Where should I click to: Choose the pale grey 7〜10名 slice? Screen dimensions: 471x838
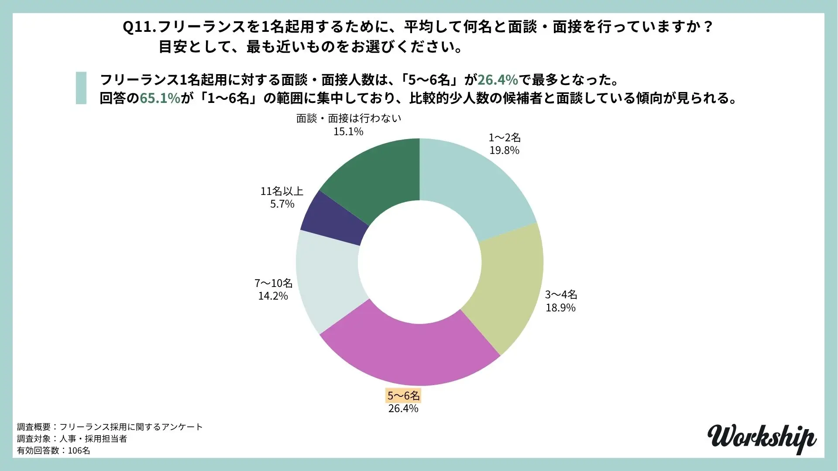[327, 283]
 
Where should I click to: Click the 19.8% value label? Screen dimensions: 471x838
[504, 150]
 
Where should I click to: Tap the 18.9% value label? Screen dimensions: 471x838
[560, 308]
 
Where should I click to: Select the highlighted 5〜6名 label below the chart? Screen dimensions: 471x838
[403, 396]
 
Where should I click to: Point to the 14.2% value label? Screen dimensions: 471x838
[273, 296]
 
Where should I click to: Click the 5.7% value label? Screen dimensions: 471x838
[282, 204]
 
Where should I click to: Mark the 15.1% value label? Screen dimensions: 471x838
[348, 132]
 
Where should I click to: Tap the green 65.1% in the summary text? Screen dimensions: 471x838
[160, 99]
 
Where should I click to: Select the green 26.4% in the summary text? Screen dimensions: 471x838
[498, 80]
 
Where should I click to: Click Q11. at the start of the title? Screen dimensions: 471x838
[139, 27]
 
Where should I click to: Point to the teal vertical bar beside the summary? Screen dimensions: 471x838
[81, 88]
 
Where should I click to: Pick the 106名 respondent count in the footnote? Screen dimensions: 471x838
[79, 451]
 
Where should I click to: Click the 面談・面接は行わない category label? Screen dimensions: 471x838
[348, 119]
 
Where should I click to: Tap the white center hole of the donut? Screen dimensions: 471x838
[419, 262]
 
